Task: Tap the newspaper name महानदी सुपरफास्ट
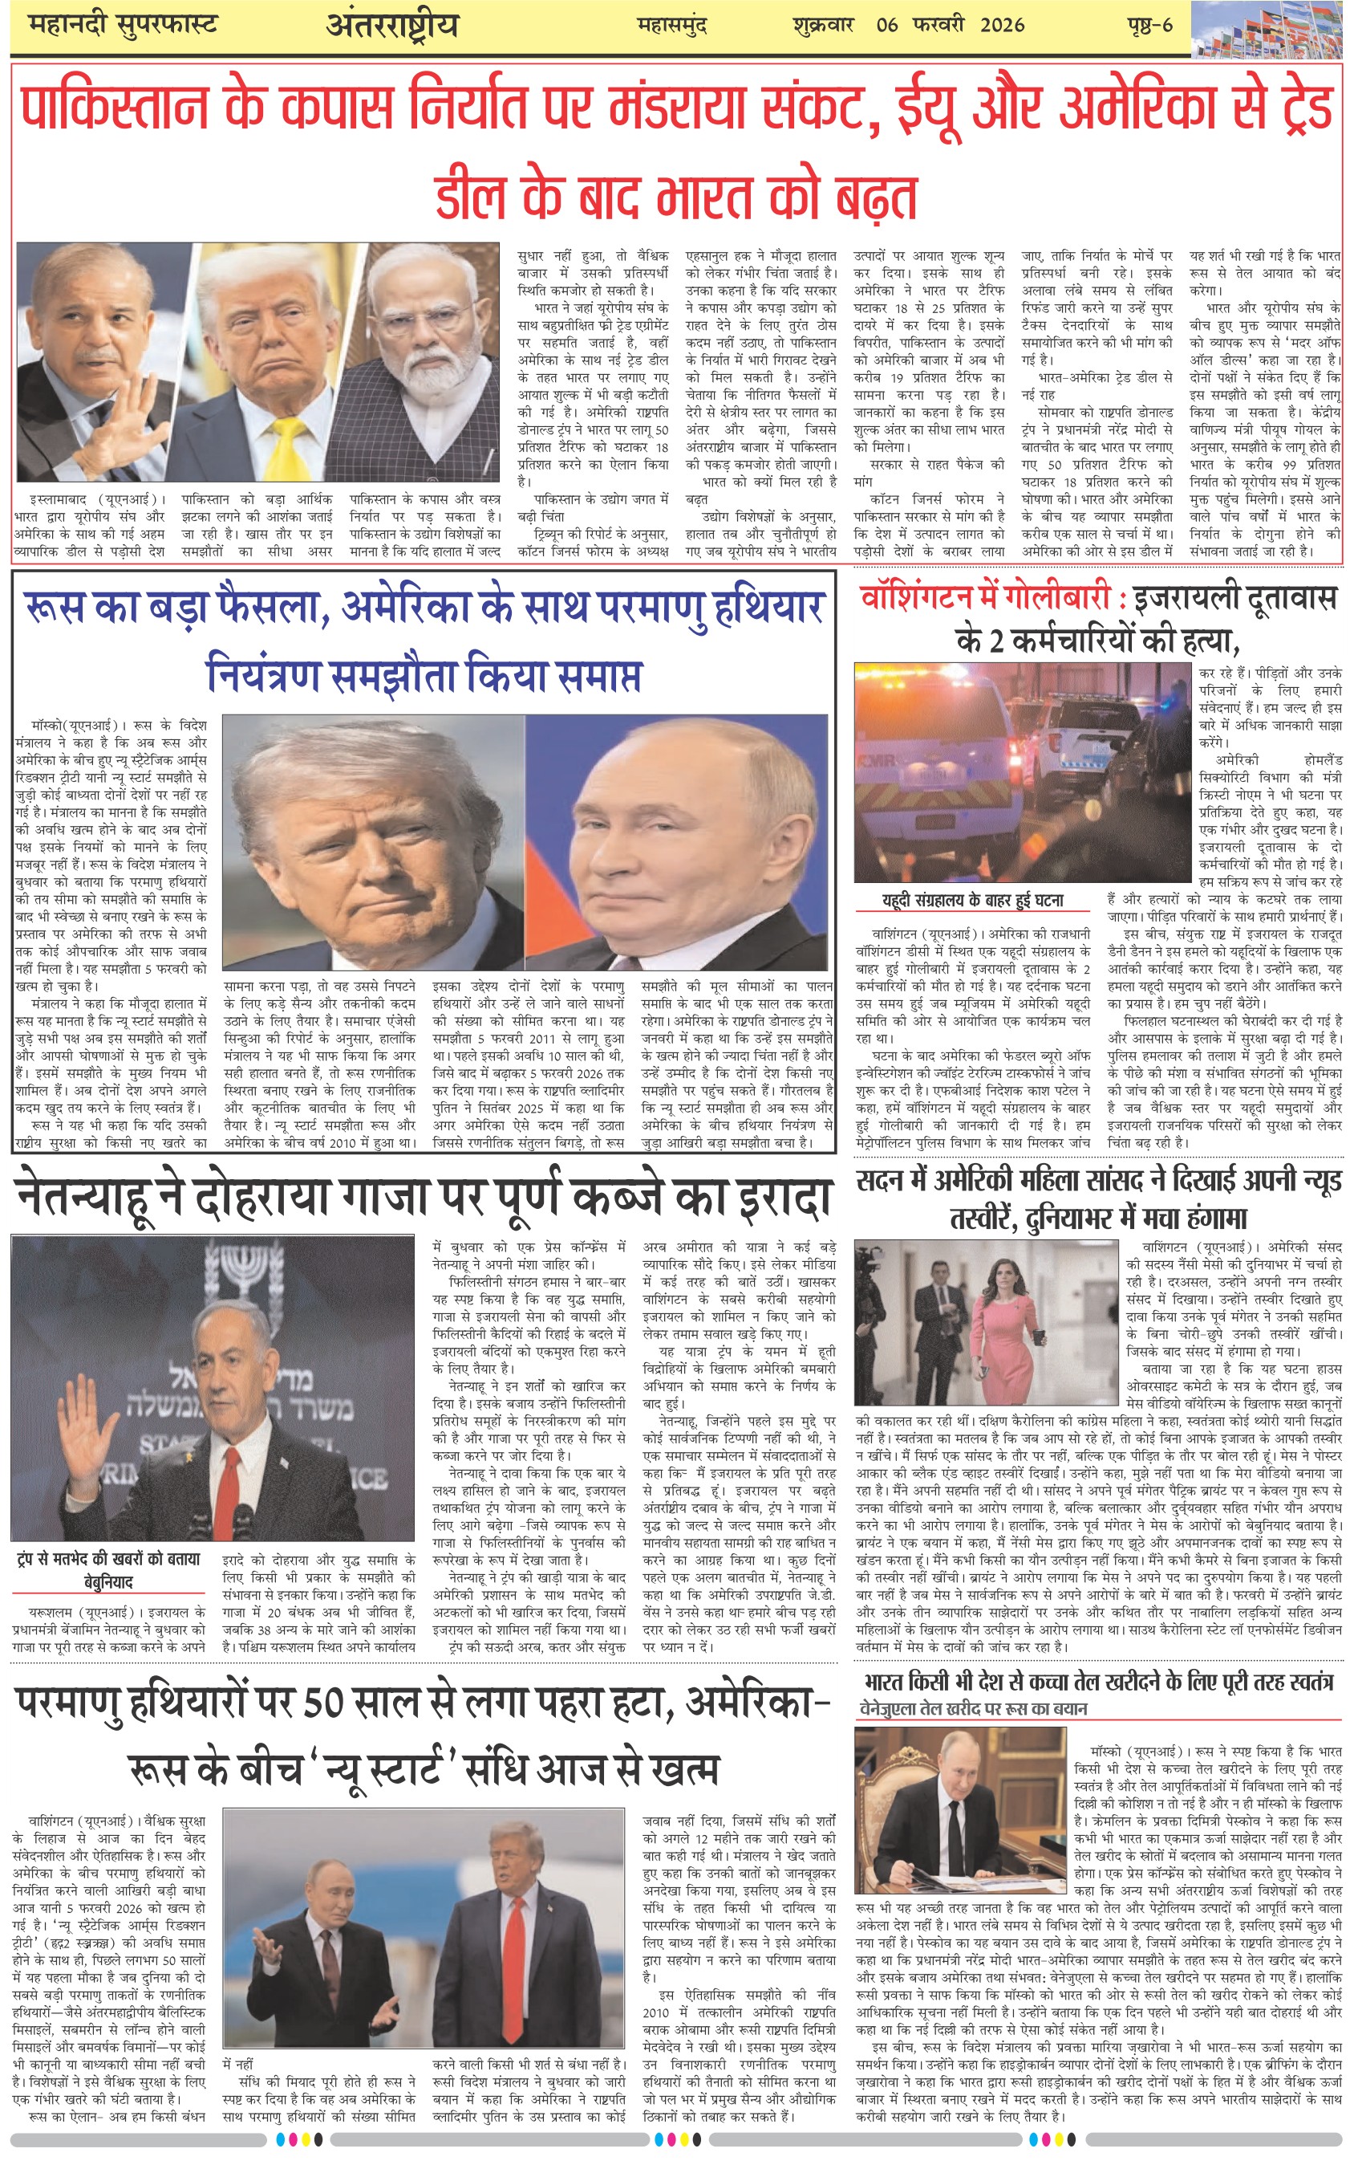point(123,25)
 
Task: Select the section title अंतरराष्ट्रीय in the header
point(392,25)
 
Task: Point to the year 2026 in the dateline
point(1001,25)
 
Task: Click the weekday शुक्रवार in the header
point(823,25)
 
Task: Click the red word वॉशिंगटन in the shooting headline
point(929,597)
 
